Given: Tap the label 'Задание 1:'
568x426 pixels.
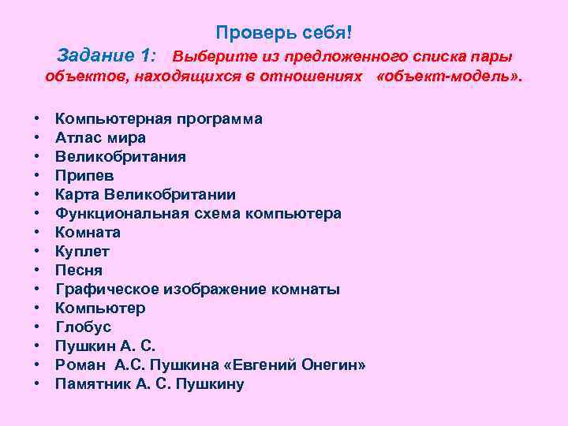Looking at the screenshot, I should click(107, 56).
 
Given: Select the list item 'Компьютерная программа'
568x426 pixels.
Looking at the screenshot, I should click(159, 119).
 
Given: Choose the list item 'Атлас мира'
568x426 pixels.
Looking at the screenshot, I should click(100, 138).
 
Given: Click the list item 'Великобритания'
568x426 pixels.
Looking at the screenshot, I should click(121, 157).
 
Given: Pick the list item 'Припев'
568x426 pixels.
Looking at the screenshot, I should click(84, 176).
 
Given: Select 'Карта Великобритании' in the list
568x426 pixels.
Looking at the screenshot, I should click(145, 195).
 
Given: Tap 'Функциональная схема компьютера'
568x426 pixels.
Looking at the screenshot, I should click(198, 214).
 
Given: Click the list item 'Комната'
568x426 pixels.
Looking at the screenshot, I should click(88, 233).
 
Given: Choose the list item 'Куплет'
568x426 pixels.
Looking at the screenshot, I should click(82, 252).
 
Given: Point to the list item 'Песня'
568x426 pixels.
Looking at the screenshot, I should click(79, 271).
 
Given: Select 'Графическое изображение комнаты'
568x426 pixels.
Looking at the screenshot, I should click(197, 290).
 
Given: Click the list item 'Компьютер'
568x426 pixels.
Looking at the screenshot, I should click(100, 308).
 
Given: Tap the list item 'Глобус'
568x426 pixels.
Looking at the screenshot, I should click(83, 327).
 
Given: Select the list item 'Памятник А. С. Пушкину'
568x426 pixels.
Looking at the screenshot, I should click(149, 384).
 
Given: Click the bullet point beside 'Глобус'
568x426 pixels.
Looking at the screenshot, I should click(38, 327).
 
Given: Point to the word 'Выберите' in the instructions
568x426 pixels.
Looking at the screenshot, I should click(206, 57).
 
